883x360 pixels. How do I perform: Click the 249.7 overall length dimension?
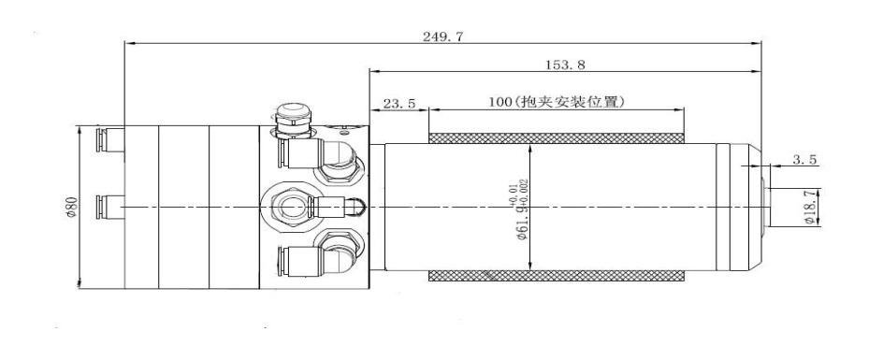(442, 37)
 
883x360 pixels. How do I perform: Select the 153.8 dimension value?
(565, 65)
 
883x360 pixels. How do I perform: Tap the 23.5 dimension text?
(399, 104)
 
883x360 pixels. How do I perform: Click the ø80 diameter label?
(71, 207)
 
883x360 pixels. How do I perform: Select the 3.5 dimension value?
(804, 160)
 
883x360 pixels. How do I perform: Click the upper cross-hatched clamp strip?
(557, 138)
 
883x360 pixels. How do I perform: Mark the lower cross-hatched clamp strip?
(557, 276)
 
